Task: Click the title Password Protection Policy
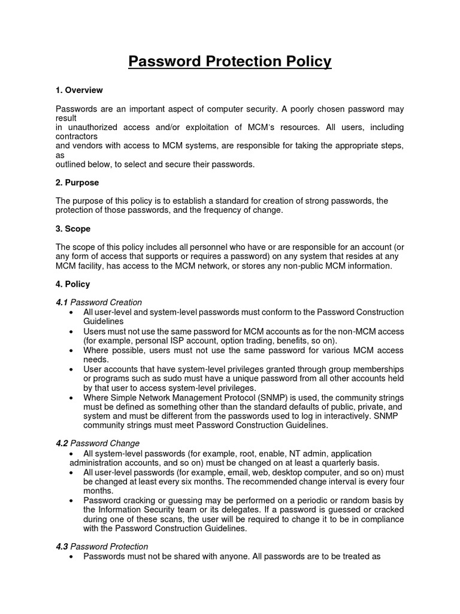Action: pyautogui.click(x=230, y=62)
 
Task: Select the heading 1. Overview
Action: pyautogui.click(x=79, y=90)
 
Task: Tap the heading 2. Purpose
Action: pyautogui.click(x=77, y=182)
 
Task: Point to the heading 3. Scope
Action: pyautogui.click(x=73, y=228)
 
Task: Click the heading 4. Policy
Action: pyautogui.click(x=73, y=284)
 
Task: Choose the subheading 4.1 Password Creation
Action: pyautogui.click(x=99, y=302)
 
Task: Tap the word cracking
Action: pyautogui.click(x=135, y=501)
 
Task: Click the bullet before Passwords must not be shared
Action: pyautogui.click(x=72, y=556)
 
